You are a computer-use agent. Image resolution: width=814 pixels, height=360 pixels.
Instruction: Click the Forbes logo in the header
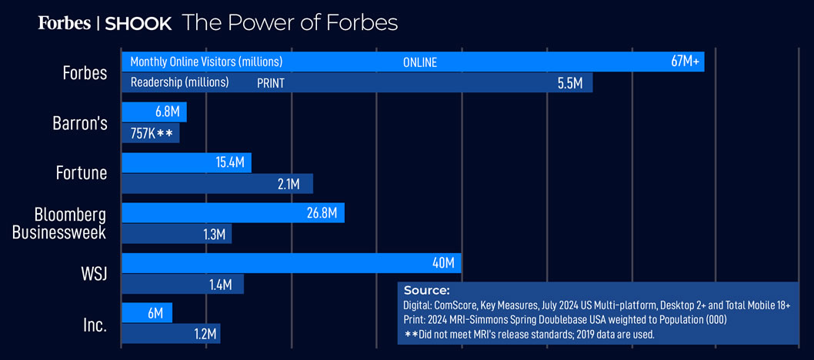click(64, 23)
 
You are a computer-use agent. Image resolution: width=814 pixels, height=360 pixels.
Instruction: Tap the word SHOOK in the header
click(138, 24)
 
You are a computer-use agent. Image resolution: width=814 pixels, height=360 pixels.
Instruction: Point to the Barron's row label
click(81, 123)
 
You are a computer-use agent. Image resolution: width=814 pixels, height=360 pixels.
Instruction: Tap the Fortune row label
click(81, 173)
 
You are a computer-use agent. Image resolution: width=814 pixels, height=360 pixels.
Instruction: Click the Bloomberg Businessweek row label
click(69, 223)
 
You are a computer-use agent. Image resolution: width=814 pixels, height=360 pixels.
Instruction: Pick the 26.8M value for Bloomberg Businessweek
click(322, 213)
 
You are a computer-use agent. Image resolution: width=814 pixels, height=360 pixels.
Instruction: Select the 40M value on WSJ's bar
click(443, 263)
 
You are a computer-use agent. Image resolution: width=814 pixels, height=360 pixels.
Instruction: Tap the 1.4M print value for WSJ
click(220, 285)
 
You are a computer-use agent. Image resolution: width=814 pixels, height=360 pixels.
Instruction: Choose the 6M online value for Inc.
click(155, 313)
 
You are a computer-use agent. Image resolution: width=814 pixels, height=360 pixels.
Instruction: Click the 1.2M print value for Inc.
click(205, 334)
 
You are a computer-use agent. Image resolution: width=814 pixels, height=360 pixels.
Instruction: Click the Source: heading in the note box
click(426, 291)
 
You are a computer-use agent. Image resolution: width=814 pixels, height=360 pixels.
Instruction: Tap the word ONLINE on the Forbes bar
click(420, 63)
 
